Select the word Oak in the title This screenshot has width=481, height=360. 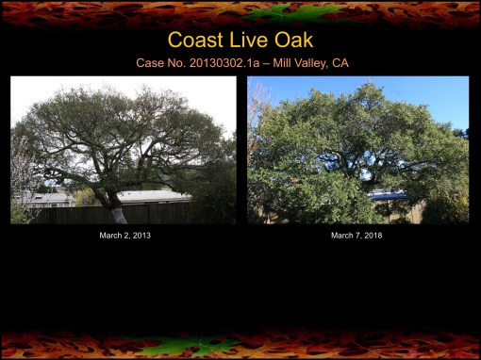point(292,41)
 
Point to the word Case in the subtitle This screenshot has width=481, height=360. point(151,63)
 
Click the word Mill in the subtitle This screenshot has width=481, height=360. point(280,63)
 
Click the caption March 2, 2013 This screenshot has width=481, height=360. point(124,235)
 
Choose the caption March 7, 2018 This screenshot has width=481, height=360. point(357,235)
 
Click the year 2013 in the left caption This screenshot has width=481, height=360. point(141,235)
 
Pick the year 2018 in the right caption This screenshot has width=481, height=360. point(373,235)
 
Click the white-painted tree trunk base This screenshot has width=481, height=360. point(120,215)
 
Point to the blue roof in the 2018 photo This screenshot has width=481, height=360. point(388,195)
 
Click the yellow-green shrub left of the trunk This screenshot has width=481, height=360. point(86,199)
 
